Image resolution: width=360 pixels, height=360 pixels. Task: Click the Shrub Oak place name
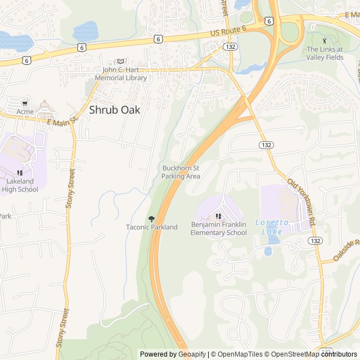[x=115, y=110]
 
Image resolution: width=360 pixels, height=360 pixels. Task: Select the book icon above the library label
[x=120, y=61]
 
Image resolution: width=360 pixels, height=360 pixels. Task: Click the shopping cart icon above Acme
[x=25, y=103]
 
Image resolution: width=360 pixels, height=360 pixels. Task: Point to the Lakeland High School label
[x=20, y=185]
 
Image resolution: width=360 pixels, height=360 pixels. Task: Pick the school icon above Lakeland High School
[x=20, y=173]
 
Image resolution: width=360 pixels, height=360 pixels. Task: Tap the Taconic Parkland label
[x=151, y=227]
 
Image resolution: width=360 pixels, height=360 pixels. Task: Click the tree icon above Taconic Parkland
[x=151, y=218]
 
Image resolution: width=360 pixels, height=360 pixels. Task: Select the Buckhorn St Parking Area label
[x=181, y=172]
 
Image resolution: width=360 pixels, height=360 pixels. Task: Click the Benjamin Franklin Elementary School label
[x=218, y=229]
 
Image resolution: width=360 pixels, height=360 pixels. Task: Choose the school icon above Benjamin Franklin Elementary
[x=218, y=217]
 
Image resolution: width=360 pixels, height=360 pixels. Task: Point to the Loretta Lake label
[x=272, y=227]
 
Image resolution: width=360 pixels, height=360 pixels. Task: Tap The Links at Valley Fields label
[x=325, y=53]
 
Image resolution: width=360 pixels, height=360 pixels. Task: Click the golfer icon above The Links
[x=324, y=40]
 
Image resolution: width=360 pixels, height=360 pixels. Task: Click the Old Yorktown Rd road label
[x=303, y=200]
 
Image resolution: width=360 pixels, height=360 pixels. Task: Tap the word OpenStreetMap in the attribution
[x=291, y=354]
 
